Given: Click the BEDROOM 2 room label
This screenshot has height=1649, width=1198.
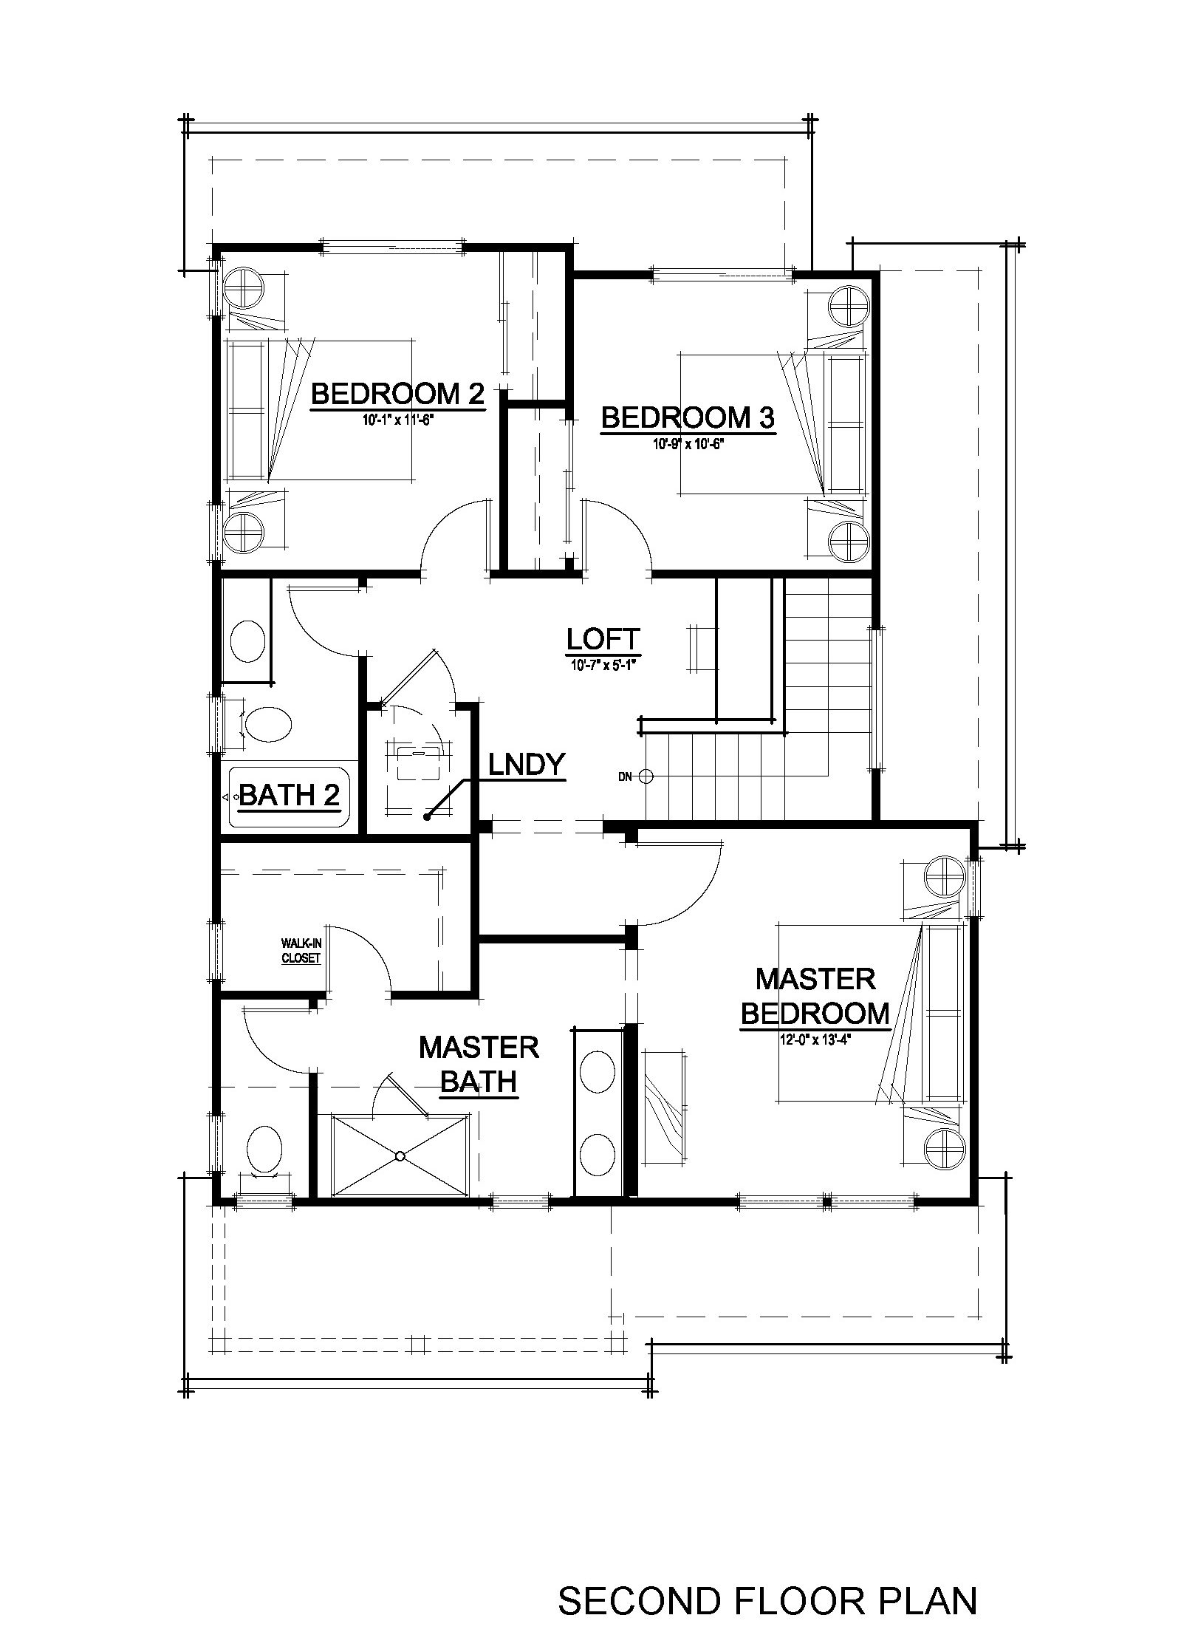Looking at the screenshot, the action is pos(397,394).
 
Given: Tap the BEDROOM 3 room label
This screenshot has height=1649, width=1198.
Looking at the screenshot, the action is pos(688,418).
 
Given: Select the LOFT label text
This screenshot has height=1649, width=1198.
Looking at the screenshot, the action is pos(603,638).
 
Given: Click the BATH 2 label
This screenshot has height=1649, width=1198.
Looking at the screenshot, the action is pos(290,795).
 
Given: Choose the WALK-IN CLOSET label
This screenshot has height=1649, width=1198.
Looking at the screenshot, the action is pos(301,951).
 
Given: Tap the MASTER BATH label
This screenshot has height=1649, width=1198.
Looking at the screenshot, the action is pos(479,1064).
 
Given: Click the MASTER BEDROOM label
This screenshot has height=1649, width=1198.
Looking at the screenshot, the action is pos(815,996).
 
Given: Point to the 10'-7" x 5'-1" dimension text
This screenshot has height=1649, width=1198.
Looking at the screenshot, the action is pos(603,664).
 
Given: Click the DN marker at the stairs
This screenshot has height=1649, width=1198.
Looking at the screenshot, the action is pos(626,776).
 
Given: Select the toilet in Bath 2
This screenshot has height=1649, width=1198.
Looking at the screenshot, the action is pos(266,726).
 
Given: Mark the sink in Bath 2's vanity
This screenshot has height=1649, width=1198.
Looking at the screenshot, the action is pos(247,641).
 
